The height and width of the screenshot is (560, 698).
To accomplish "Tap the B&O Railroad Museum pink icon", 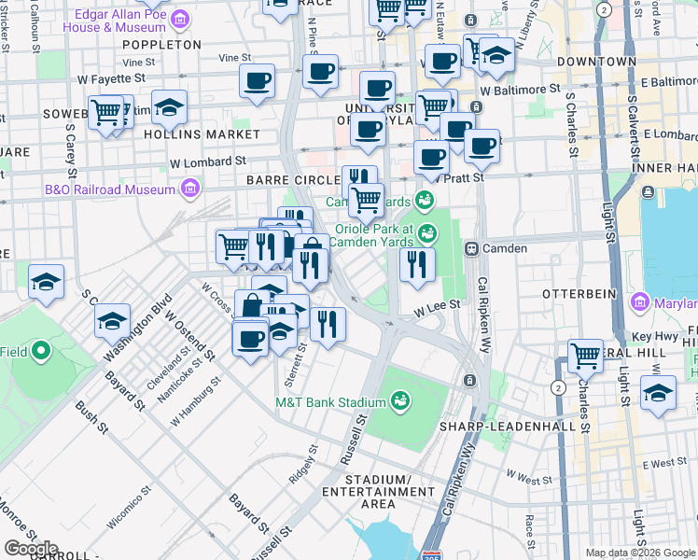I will pos(191,189).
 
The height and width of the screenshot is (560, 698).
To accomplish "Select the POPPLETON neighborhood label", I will pos(161,44).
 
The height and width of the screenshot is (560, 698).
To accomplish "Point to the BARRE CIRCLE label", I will pos(291,179).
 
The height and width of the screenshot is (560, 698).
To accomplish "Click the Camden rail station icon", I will pos(472,249).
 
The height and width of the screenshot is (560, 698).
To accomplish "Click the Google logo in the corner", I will pos(31,548).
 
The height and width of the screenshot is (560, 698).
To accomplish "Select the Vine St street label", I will pos(228,58).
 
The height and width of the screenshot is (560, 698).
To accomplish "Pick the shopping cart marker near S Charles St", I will pos(585,355).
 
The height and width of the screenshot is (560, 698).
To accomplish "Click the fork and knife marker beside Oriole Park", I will pos(417,263).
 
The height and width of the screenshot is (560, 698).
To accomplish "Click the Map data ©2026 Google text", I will pos(640,553).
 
